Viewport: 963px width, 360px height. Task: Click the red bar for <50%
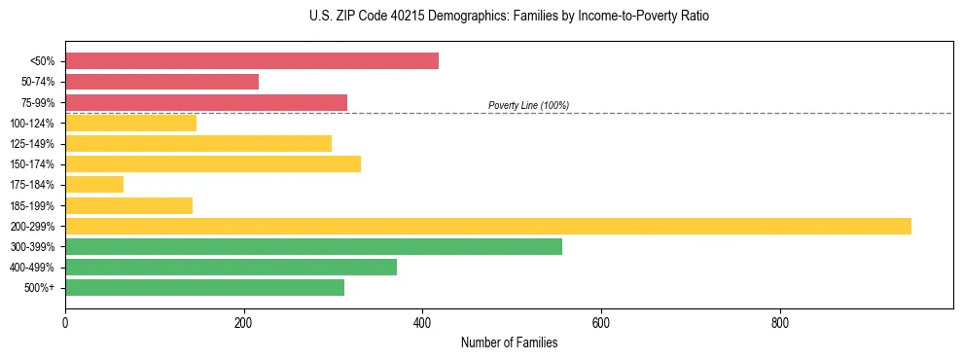point(251,61)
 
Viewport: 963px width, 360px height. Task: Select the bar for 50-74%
point(161,82)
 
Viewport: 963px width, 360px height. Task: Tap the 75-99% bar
point(205,102)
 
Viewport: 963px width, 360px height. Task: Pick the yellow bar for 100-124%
point(130,123)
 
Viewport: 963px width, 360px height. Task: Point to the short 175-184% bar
point(94,184)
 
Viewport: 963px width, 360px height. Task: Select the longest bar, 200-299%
point(487,226)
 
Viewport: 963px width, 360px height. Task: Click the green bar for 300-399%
point(313,246)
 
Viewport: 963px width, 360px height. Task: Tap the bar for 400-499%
point(231,267)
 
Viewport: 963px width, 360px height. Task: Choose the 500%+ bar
point(204,287)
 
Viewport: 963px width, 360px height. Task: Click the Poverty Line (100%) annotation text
point(528,105)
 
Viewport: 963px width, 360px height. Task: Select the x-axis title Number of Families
point(509,342)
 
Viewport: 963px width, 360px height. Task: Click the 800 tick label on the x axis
point(779,322)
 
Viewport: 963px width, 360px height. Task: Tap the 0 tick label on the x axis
point(65,322)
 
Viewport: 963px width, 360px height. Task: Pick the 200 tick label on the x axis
point(244,322)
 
